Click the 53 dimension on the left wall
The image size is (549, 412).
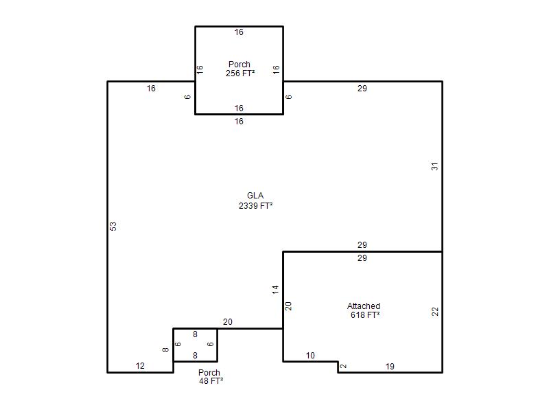point(113,227)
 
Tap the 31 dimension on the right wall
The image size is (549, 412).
point(434,166)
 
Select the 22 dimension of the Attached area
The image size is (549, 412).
point(435,312)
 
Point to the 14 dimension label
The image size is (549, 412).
point(276,289)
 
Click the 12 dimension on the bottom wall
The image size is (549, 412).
point(140,366)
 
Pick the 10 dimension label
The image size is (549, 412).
point(310,356)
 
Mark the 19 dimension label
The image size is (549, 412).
point(390,367)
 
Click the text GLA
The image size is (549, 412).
point(255,196)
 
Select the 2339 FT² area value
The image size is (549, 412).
point(255,205)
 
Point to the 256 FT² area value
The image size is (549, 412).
point(240,73)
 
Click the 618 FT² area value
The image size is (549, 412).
point(365,315)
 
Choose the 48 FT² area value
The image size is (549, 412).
point(211,380)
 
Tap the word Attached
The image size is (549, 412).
point(364,306)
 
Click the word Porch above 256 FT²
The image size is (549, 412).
point(239,65)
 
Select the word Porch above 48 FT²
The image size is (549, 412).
point(209,372)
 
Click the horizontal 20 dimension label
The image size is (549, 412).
point(228,322)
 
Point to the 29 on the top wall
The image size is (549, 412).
point(362,89)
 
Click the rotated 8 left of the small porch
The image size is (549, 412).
point(165,350)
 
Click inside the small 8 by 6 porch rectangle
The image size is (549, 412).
point(195,345)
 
